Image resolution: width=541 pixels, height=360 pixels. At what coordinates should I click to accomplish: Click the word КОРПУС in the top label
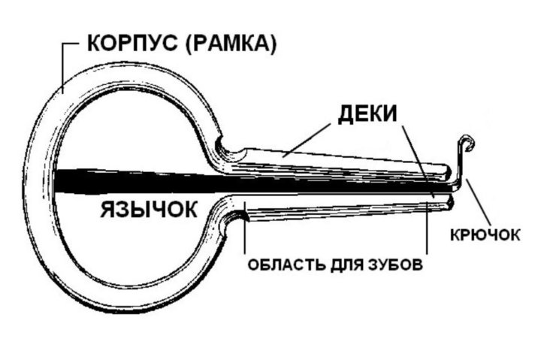pos(132,44)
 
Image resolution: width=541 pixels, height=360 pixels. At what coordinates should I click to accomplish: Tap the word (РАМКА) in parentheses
pos(231,44)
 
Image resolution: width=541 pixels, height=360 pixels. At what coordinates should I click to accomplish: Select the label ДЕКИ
pos(367,113)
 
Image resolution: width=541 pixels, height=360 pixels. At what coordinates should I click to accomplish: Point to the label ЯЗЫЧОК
pos(149,209)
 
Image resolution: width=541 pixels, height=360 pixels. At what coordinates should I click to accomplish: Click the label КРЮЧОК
pos(485,235)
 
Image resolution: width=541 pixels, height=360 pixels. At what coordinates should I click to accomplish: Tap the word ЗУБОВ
pos(396,265)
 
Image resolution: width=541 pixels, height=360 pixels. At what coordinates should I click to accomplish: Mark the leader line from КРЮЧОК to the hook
pos(478,201)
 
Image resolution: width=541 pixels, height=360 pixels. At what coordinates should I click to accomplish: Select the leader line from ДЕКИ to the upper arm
pos(305,140)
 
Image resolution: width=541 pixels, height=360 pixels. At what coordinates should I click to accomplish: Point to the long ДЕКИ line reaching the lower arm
pos(419,162)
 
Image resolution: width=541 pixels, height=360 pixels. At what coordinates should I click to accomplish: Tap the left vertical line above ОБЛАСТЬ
pos(245,228)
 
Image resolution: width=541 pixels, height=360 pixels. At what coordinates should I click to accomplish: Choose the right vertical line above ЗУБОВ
pos(427,228)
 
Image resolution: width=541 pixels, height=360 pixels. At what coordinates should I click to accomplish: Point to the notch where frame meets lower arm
pos(234,216)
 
